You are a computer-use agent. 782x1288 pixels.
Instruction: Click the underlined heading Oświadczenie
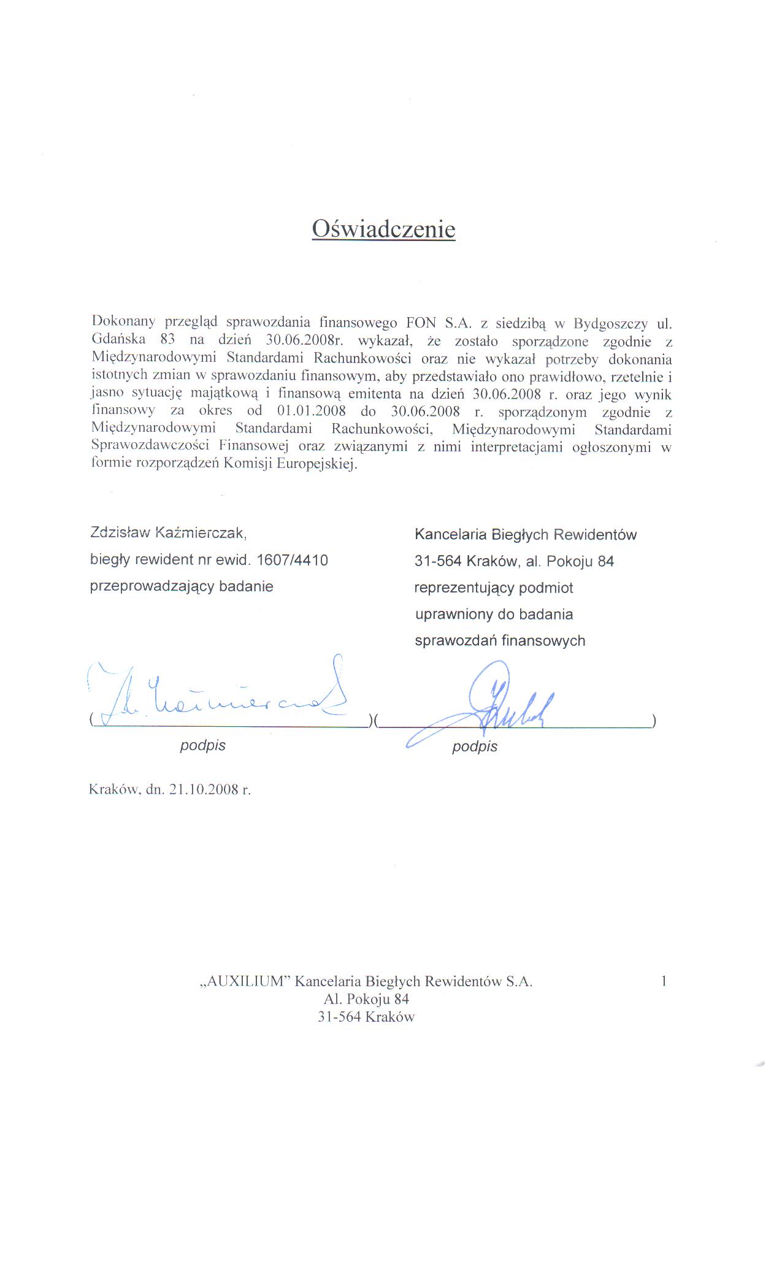(383, 229)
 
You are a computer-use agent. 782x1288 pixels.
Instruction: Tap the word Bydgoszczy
(610, 323)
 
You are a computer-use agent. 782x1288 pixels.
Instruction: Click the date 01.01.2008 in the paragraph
(312, 411)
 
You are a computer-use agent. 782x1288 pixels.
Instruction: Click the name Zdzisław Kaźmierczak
(167, 532)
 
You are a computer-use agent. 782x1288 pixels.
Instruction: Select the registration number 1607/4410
(293, 559)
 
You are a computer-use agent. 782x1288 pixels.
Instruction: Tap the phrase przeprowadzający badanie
(182, 586)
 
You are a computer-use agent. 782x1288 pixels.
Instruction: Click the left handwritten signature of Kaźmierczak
(221, 696)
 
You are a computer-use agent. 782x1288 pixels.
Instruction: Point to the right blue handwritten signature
(503, 702)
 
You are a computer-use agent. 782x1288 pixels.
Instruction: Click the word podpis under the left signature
(202, 745)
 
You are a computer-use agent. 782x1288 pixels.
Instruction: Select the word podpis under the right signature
(475, 746)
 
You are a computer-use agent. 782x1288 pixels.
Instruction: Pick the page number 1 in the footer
(664, 981)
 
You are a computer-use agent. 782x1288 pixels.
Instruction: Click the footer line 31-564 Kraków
(366, 1017)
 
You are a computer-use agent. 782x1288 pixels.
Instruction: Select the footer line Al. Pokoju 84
(366, 999)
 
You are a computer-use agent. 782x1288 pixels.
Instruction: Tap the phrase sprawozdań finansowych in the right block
(500, 641)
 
